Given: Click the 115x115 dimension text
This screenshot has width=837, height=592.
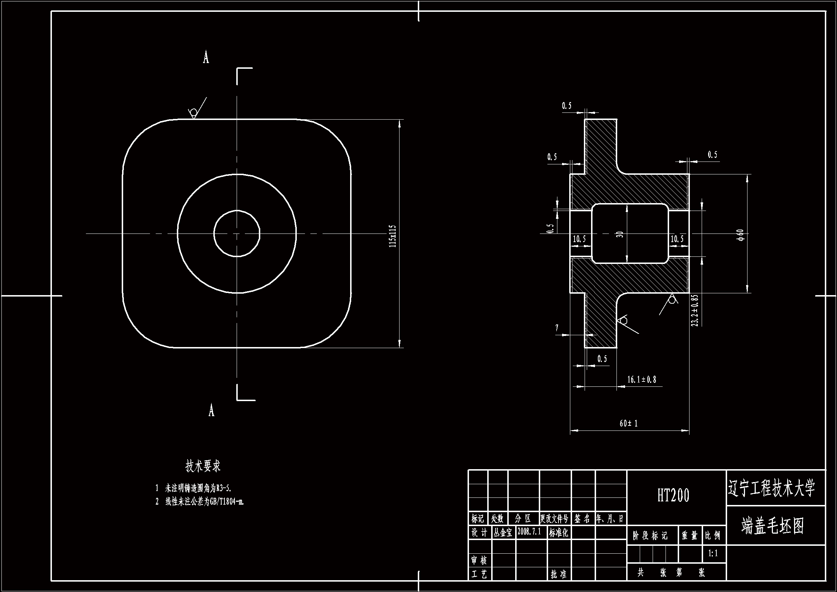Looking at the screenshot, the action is point(392,236).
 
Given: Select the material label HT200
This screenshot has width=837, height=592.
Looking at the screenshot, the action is point(673,495).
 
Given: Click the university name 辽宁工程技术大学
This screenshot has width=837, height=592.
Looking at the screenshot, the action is point(771,488).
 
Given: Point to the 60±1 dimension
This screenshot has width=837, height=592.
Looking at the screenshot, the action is point(629,423).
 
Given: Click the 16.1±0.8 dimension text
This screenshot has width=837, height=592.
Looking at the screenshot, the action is point(641,380).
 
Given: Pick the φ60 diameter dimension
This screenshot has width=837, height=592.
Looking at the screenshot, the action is point(740,235).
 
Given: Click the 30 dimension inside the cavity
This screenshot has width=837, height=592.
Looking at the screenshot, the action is point(620,234).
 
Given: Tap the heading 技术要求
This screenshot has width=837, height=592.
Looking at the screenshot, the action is point(203,466).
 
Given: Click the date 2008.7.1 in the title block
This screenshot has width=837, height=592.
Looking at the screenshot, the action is point(529,531).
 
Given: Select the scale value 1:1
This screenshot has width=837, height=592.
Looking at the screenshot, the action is point(713,553).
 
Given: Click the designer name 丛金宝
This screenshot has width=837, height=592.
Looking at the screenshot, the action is point(503,532).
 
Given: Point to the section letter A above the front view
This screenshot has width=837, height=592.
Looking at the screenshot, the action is point(206,58).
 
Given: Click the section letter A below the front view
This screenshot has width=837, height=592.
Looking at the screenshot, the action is point(212,411).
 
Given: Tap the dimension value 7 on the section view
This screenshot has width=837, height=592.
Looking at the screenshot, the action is point(557,328).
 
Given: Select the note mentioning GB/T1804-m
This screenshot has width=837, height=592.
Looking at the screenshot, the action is point(204,502).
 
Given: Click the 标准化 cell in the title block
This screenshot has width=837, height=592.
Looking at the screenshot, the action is point(558,532).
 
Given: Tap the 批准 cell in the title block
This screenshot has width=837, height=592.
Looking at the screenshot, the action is point(558,574).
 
